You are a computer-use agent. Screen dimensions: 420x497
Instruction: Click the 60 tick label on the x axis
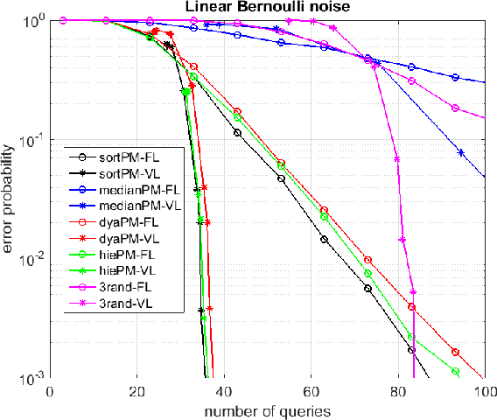click(311, 392)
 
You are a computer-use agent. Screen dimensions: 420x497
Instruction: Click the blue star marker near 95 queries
click(461, 153)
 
